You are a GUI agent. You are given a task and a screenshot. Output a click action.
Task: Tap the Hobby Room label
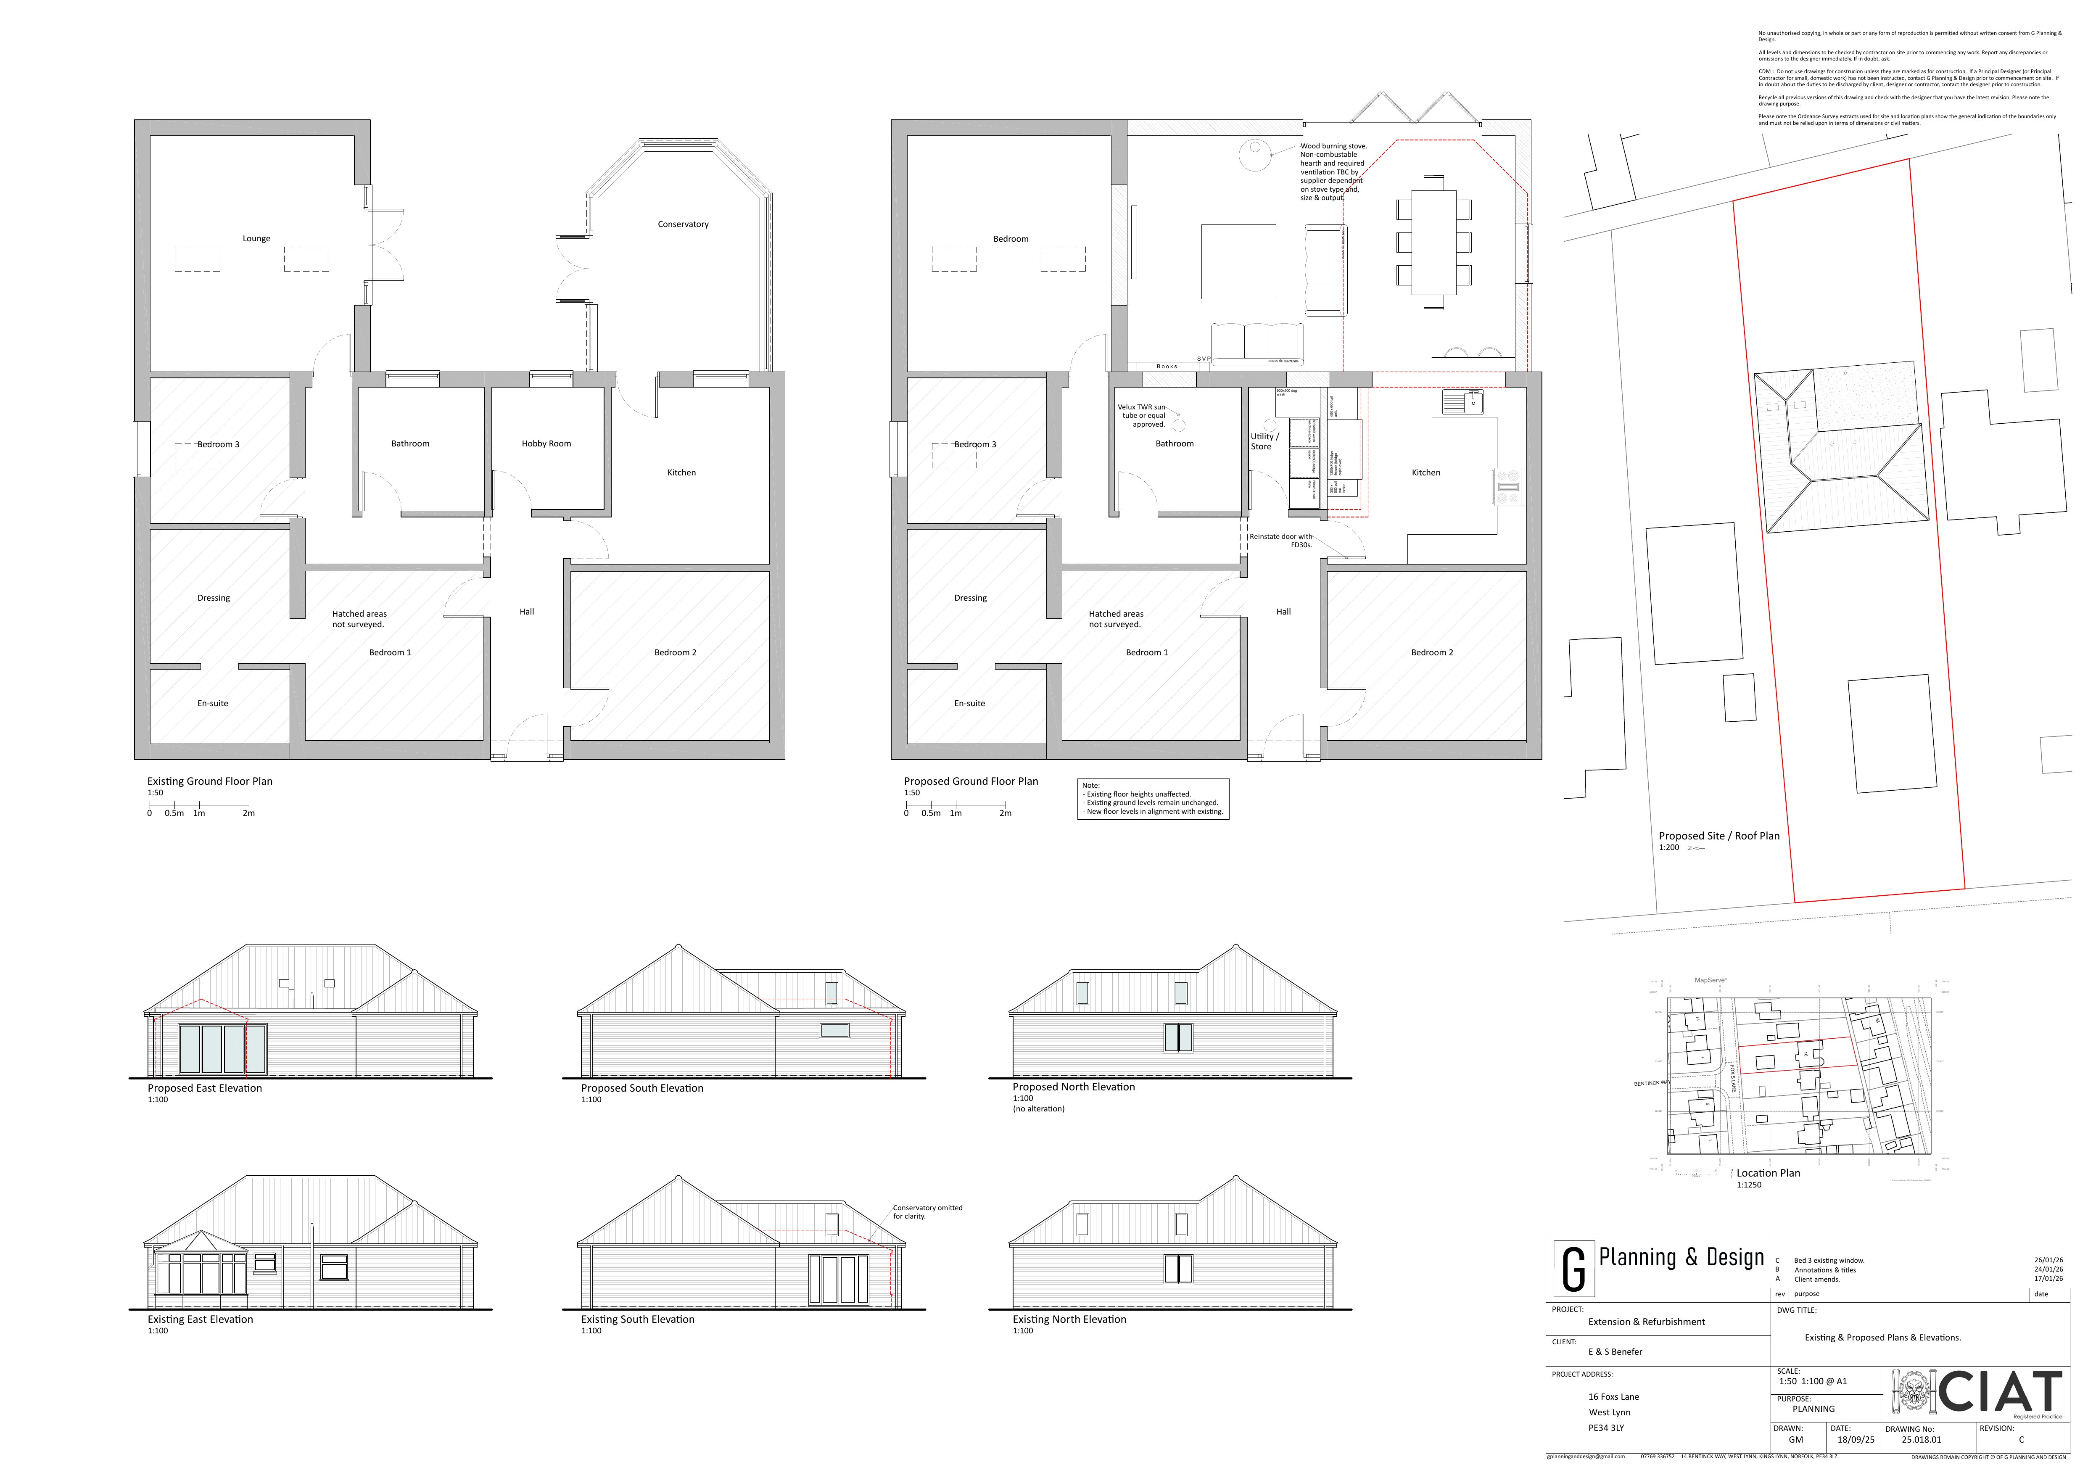point(546,444)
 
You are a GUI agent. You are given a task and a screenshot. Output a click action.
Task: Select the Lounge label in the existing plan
point(256,239)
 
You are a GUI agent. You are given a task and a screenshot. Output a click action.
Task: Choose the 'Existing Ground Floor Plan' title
point(210,781)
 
